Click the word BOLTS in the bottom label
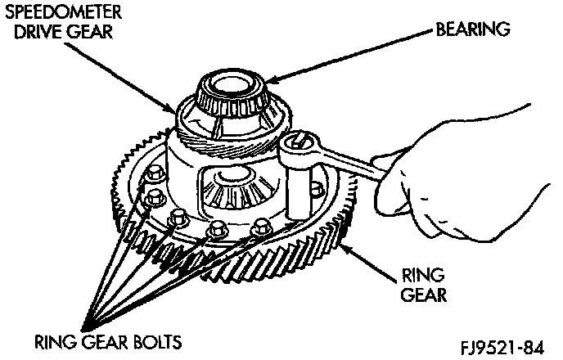click(156, 340)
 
